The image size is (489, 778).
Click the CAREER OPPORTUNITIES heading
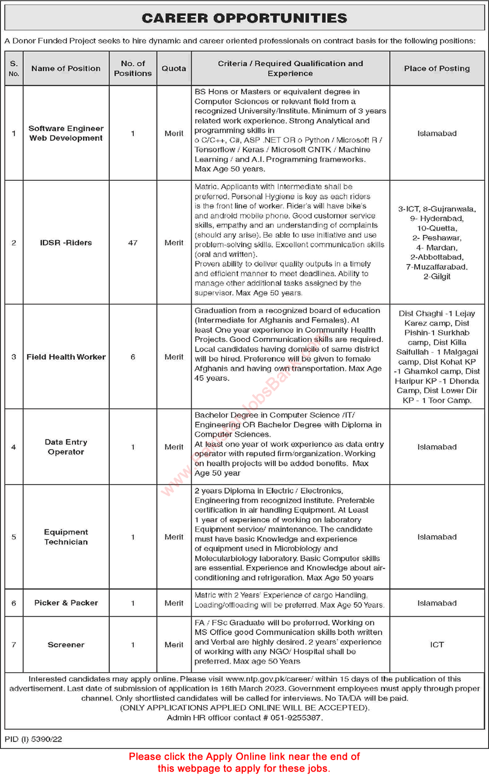click(x=244, y=18)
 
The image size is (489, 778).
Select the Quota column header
click(x=174, y=68)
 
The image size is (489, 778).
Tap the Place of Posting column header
click(x=437, y=68)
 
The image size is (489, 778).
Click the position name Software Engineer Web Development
click(x=66, y=133)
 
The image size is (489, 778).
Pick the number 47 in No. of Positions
click(x=132, y=243)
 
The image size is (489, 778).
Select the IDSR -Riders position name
click(x=66, y=243)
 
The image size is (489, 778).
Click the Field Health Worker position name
click(x=66, y=357)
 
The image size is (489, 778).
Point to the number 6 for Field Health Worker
click(x=132, y=357)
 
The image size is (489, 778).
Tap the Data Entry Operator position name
click(x=66, y=447)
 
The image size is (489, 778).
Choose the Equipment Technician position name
click(x=66, y=537)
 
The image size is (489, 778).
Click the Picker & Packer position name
click(x=66, y=603)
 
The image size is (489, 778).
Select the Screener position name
click(x=66, y=645)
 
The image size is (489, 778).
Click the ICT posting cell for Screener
click(x=437, y=645)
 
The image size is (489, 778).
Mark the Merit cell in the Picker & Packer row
click(x=174, y=603)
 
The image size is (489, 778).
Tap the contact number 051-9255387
click(x=296, y=718)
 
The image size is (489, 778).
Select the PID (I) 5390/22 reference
click(x=33, y=739)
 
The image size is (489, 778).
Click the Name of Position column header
click(x=66, y=68)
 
